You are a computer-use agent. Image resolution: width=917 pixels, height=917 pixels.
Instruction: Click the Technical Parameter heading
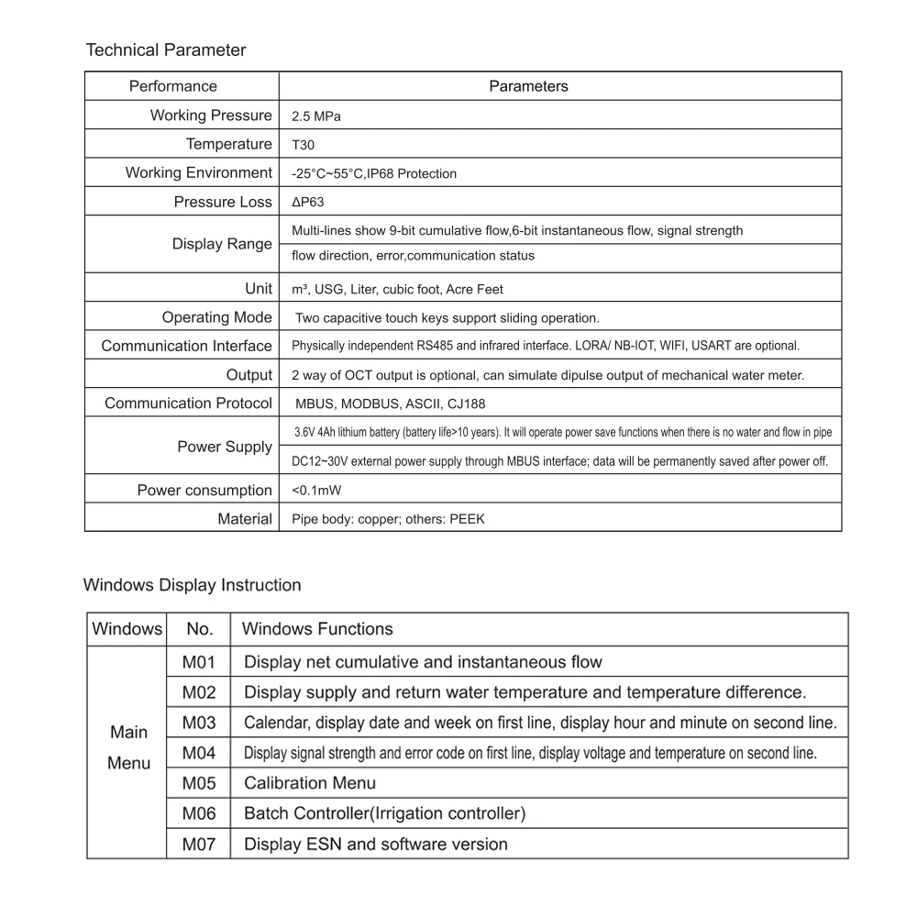pyautogui.click(x=165, y=50)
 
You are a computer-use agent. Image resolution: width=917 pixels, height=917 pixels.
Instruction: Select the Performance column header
pyautogui.click(x=173, y=86)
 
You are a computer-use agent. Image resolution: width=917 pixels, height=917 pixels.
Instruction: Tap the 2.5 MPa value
pyautogui.click(x=316, y=116)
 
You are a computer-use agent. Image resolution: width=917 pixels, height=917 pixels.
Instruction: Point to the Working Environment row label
pyautogui.click(x=199, y=172)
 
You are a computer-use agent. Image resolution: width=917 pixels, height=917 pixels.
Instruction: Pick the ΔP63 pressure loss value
pyautogui.click(x=307, y=203)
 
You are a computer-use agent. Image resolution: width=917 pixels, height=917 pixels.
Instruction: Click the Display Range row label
pyautogui.click(x=222, y=244)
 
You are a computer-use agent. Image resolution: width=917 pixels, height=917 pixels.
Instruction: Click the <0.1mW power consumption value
pyautogui.click(x=310, y=491)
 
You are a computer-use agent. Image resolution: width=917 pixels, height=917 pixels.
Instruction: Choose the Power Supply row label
pyautogui.click(x=225, y=447)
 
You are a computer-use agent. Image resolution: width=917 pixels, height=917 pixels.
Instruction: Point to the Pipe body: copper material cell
pyautogui.click(x=388, y=519)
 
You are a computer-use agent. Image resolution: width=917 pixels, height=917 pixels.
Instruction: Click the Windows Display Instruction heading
pyautogui.click(x=192, y=585)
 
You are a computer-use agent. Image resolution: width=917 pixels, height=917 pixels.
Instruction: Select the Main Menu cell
pyautogui.click(x=128, y=747)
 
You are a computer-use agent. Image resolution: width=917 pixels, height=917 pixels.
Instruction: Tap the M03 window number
pyautogui.click(x=198, y=723)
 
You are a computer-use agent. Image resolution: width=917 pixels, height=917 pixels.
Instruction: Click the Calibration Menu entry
pyautogui.click(x=310, y=783)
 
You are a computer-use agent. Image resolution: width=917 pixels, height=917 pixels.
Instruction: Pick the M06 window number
pyautogui.click(x=198, y=813)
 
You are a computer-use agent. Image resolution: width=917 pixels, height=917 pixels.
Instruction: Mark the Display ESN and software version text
pyautogui.click(x=376, y=844)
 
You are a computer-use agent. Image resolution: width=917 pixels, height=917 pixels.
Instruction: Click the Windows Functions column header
pyautogui.click(x=317, y=629)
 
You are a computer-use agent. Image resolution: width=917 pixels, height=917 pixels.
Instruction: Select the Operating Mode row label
pyautogui.click(x=217, y=317)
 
